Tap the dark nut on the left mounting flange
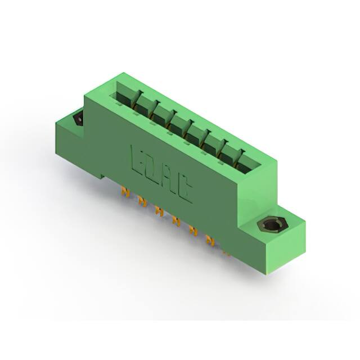point(78,119)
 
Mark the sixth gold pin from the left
point(210,241)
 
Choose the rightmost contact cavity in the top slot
point(247,163)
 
